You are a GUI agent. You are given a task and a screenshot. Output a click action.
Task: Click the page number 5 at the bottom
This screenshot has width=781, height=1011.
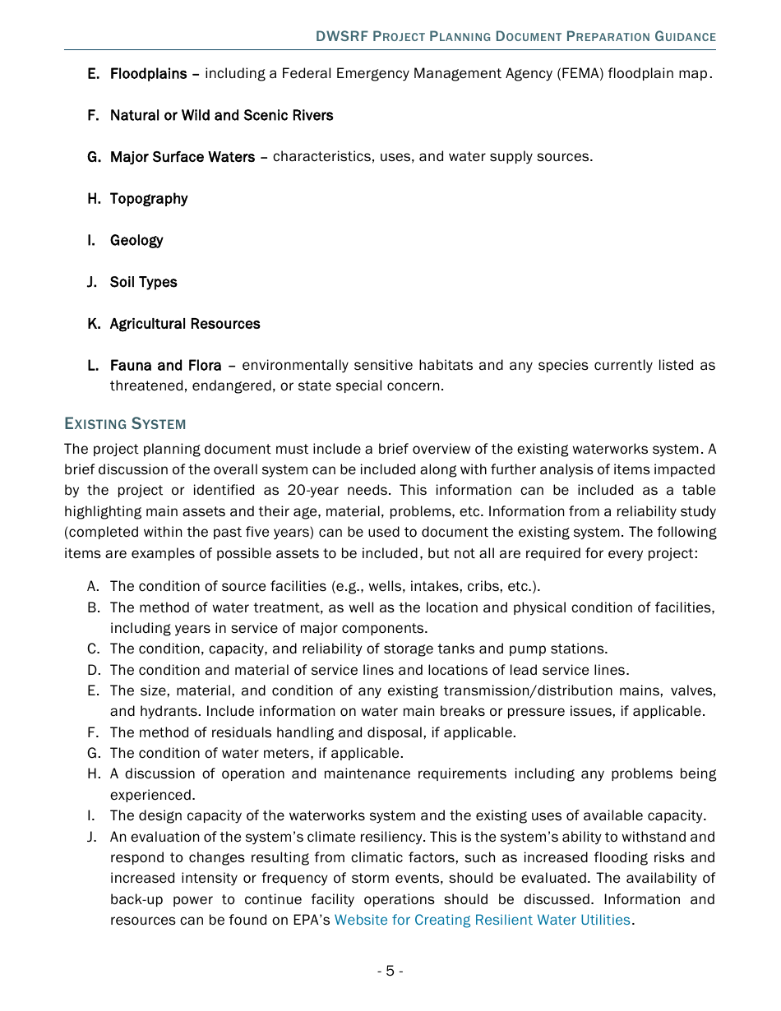(x=390, y=972)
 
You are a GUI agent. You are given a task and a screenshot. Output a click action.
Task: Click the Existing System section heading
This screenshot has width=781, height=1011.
(x=125, y=424)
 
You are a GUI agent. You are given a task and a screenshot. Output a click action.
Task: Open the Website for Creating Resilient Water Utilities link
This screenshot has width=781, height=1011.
(x=482, y=921)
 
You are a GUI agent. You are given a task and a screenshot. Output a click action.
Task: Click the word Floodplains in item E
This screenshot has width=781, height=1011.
(x=149, y=74)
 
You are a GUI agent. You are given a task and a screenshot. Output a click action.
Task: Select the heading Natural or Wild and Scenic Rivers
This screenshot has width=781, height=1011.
(x=221, y=116)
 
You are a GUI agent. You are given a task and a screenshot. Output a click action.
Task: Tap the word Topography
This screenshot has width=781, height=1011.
(x=149, y=199)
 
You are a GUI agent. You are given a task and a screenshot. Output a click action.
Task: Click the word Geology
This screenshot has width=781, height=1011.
(x=136, y=241)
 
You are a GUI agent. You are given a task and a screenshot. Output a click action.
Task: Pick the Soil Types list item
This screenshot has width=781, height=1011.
(x=143, y=283)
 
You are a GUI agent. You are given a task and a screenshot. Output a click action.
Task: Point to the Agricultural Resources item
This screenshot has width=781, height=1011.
(x=185, y=324)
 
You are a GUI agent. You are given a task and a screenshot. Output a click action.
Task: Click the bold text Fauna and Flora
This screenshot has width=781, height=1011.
(x=165, y=366)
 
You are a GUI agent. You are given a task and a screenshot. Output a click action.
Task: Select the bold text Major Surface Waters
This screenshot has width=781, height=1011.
(x=182, y=157)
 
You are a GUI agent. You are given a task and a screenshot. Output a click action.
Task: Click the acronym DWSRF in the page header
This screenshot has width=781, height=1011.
(x=342, y=37)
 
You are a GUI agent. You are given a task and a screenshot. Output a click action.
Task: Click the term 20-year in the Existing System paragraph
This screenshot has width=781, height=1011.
(x=311, y=491)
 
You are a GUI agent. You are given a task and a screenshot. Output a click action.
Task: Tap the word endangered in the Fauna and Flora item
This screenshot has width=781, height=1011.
(x=229, y=386)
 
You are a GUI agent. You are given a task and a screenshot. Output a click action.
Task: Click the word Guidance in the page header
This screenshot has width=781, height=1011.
(x=685, y=37)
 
